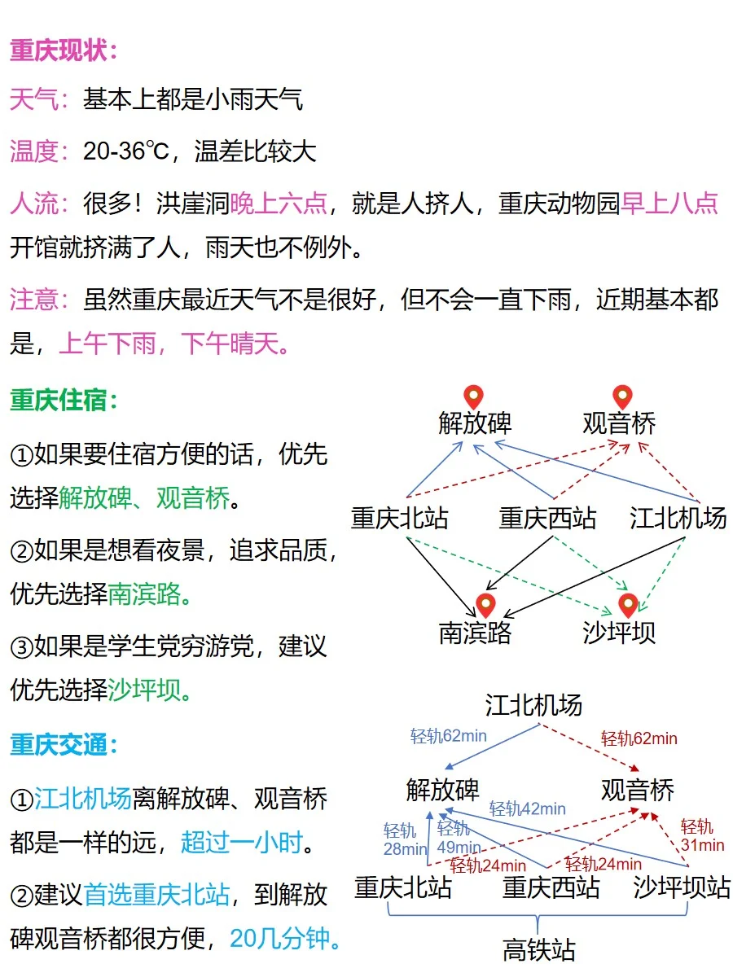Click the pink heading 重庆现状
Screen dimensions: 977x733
64,50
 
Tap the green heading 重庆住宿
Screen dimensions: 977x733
64,400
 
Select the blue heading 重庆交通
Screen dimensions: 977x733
64,744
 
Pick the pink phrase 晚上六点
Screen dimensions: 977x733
279,203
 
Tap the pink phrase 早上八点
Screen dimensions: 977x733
669,203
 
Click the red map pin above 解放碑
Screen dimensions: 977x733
473,398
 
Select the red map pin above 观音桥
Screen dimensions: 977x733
622,398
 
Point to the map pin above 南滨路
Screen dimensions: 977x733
485,606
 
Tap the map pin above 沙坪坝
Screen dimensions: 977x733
627,606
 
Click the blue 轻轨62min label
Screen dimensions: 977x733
449,737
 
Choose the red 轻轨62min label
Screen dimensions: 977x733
639,739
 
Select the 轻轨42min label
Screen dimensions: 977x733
527,808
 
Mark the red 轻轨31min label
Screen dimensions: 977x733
702,836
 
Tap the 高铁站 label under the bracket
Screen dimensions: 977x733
538,950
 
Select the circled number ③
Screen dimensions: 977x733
21,648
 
